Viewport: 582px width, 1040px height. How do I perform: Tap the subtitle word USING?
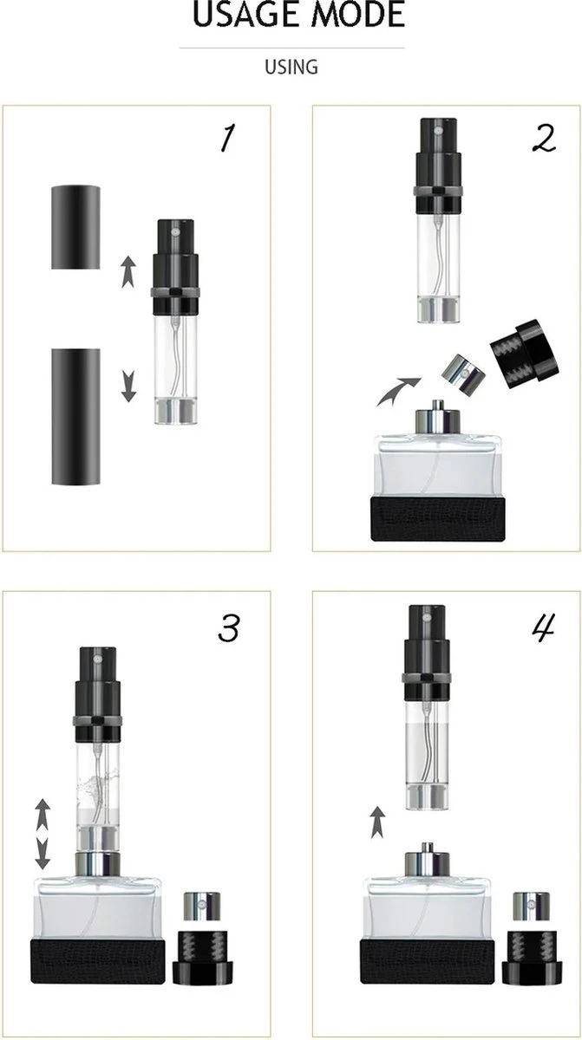(291, 67)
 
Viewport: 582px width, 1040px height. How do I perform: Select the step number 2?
(544, 139)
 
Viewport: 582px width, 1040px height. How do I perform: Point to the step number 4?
(543, 630)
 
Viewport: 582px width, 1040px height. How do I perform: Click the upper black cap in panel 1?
(76, 226)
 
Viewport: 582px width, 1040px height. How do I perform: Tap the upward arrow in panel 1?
(128, 271)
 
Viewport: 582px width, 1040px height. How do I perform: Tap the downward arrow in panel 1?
(128, 386)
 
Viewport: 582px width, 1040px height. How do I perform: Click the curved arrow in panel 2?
(397, 391)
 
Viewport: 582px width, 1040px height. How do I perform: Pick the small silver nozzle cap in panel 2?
(463, 371)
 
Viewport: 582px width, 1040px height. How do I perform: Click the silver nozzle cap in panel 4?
(524, 907)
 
